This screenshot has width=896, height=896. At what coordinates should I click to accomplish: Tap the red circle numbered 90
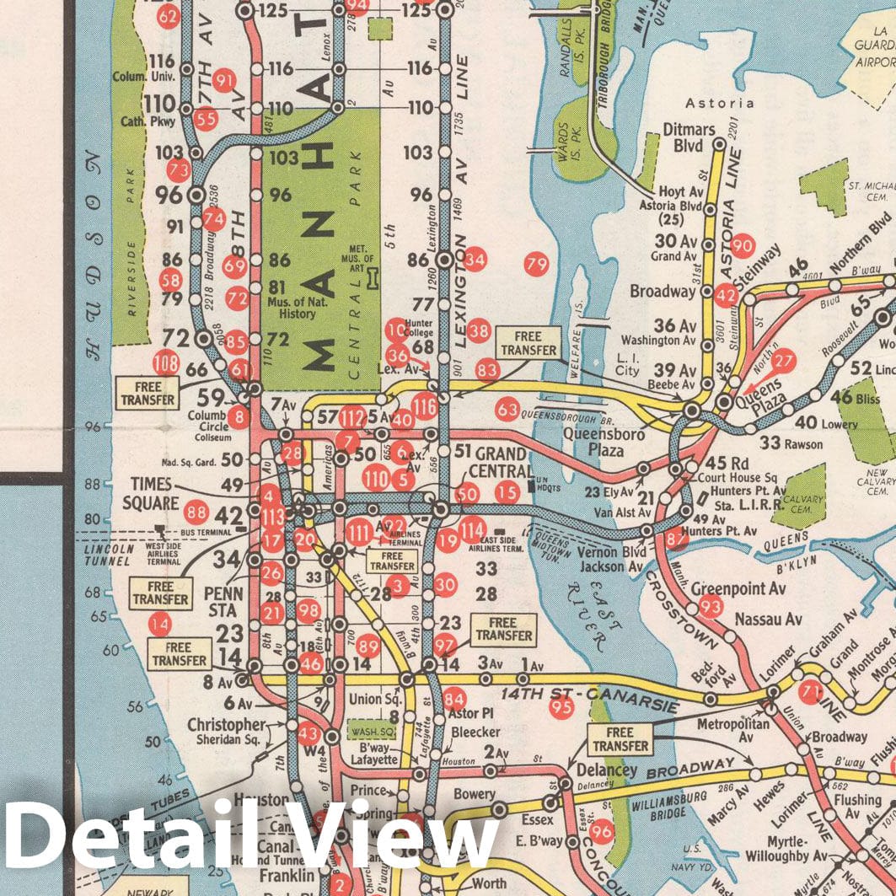742,245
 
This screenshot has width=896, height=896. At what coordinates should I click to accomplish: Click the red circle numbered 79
536,265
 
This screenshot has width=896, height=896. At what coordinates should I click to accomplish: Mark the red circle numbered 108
166,364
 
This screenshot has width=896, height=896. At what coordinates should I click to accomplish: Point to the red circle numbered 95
561,707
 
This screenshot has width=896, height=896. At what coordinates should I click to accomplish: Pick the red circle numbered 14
159,625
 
